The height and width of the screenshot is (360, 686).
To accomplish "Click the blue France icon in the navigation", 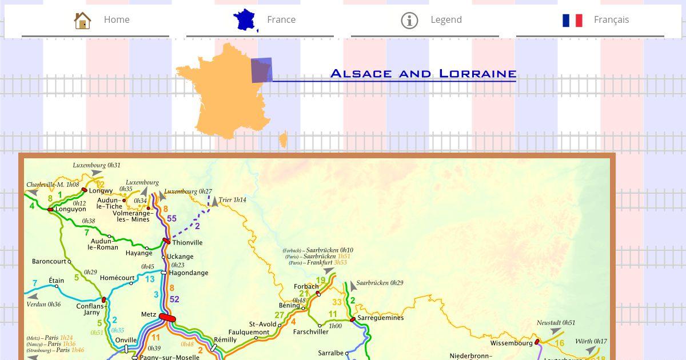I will pos(245,20).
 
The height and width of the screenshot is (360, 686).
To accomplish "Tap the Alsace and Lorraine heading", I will pos(423,74).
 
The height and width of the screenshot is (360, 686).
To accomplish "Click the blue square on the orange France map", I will pos(261,70).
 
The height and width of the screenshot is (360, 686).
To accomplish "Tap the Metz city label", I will pos(148,315).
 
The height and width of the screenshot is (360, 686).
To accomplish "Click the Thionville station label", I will pos(188,243).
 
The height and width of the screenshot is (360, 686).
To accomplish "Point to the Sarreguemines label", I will pos(380,318).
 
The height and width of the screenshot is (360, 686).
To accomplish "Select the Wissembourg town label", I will pos(511,343).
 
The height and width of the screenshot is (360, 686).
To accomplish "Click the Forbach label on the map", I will pos(306,286).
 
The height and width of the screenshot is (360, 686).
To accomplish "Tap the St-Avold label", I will pos(262,325).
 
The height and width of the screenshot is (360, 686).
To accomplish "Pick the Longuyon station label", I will pos(70,209).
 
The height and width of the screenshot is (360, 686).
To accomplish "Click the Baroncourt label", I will pos(49,262).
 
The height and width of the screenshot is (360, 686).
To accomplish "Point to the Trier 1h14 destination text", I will pos(232,200).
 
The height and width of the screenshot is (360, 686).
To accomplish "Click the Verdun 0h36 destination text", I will pos(43,305).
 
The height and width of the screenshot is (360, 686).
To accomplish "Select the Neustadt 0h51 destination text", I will pos(556,323).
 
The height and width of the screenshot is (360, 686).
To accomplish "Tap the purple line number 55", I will pos(171,218).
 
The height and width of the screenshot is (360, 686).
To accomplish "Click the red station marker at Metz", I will pos(167,318).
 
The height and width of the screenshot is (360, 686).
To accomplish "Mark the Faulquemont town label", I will pos(249,332).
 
